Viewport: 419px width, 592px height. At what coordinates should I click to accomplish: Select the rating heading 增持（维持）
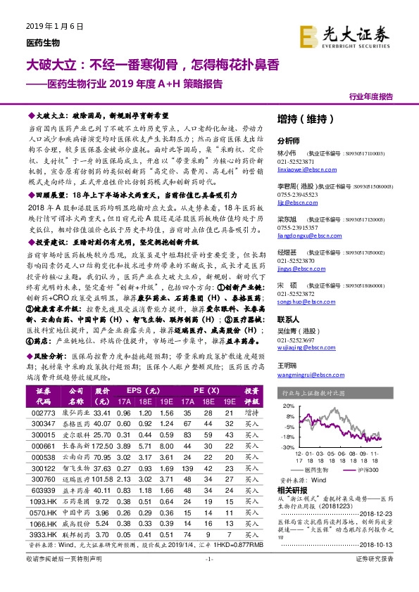(x=302, y=119)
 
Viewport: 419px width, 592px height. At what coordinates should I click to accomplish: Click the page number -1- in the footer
(x=208, y=577)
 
